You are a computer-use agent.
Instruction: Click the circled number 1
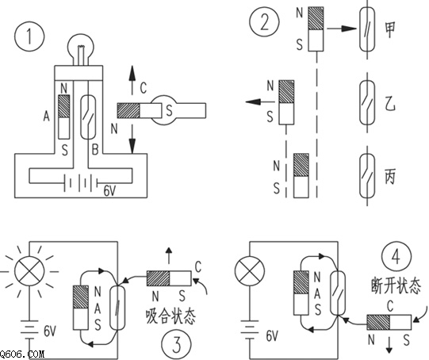(x=29, y=36)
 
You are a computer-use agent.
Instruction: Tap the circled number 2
(x=264, y=22)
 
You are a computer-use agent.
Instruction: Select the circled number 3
(x=177, y=344)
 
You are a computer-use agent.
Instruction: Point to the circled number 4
(x=396, y=257)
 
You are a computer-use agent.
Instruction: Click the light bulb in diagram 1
(x=82, y=51)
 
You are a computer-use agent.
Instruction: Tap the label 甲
(x=390, y=29)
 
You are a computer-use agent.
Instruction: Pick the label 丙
(x=390, y=177)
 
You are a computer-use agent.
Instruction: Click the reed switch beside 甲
(x=367, y=29)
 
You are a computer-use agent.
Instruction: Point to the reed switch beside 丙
(x=367, y=176)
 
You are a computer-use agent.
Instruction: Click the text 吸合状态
(x=170, y=316)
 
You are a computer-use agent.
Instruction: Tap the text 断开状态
(x=396, y=286)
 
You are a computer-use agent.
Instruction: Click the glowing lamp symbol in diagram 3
(x=29, y=272)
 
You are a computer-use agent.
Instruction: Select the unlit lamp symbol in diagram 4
(x=250, y=271)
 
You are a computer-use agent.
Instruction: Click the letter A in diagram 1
(x=47, y=117)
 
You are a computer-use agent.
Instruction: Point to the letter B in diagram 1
(x=95, y=150)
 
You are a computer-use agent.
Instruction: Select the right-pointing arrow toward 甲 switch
(x=343, y=29)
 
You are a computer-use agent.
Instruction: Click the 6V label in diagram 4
(x=272, y=335)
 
